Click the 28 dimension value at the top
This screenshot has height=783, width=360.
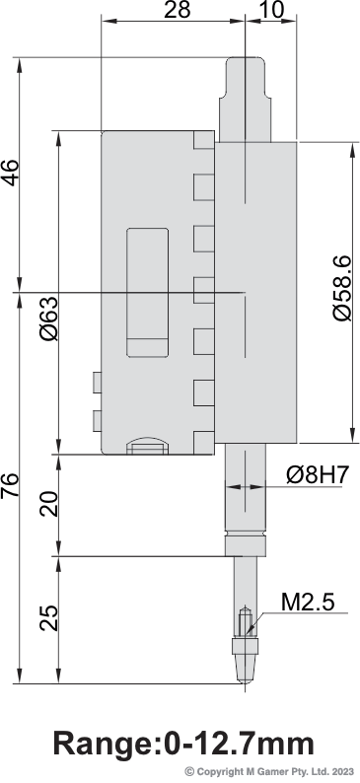[x=178, y=10]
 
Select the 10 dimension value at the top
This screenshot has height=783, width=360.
[x=271, y=10]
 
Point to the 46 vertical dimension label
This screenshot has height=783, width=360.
[x=10, y=173]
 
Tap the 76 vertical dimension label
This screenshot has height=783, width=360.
[x=10, y=485]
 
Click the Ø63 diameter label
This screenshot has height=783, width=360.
[x=49, y=318]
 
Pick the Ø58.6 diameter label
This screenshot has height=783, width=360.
[x=342, y=289]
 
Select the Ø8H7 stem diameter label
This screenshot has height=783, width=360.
[x=317, y=475]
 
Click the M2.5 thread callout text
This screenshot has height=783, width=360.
[x=307, y=603]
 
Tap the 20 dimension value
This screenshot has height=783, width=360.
[x=49, y=504]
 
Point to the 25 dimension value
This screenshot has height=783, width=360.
[x=49, y=618]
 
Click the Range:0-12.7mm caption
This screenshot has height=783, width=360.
[x=183, y=743]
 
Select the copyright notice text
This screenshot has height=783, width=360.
[x=270, y=771]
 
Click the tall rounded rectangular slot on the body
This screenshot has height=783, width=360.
[x=147, y=293]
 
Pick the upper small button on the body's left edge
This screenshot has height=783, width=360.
[x=97, y=383]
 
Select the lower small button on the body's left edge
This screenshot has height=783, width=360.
[x=97, y=420]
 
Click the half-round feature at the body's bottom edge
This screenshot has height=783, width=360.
[x=147, y=446]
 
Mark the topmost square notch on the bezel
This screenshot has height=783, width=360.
[x=204, y=140]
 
